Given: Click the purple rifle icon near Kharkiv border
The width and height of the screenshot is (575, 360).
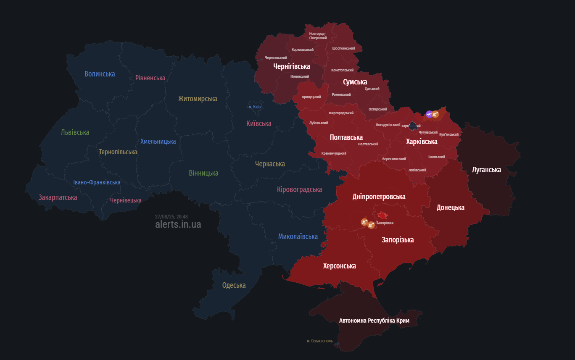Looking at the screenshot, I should coord(429,114).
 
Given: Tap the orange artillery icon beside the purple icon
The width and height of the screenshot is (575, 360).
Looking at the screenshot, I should coord(435,114).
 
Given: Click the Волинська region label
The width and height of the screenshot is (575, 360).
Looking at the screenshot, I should coord(100,74).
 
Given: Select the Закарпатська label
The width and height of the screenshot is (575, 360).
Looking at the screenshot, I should coord(58,197).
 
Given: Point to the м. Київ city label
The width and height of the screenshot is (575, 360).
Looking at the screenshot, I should coord(254,107).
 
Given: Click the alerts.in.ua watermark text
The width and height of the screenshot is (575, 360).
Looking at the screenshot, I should coord(178,224).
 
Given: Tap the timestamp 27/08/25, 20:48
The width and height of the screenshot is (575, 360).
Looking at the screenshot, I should coord(171,217).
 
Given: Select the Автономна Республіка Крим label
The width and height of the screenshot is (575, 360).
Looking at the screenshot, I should coord(374,321).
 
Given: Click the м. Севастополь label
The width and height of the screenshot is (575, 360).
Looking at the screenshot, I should coord(319,341).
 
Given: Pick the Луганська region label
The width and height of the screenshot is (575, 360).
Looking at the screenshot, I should coord(486,170).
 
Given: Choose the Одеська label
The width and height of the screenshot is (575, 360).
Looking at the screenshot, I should coord(234,285).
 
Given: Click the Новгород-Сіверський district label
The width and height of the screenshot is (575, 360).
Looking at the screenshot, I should coord(318,36).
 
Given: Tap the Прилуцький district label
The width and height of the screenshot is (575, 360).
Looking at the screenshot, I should coord(311,97).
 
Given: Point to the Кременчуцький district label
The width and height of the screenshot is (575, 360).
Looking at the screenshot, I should coord(334,153).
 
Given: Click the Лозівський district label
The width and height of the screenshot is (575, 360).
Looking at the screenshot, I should coord(417,170).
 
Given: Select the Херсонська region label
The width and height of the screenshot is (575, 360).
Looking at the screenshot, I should coord(339,266).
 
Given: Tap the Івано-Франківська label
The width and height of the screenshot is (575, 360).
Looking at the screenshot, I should coord(97,182).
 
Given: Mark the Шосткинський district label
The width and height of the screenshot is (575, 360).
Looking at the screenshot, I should coord(343,48).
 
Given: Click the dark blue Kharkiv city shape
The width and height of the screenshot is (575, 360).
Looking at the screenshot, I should coord(413,126).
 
